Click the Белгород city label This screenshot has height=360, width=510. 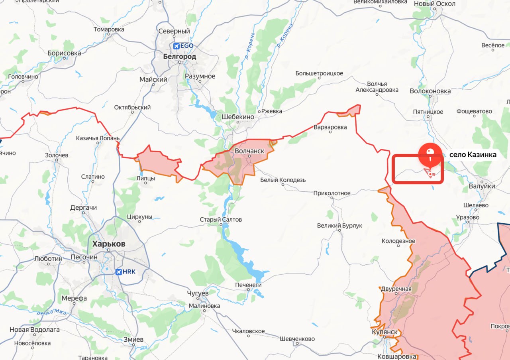click(179, 57)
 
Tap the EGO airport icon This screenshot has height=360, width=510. click(176, 46)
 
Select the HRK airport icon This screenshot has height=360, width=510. click(118, 272)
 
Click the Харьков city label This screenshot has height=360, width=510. click(108, 244)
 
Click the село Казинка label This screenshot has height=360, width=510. click(473, 155)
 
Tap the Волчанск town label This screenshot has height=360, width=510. click(249, 151)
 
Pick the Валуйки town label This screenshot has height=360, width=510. click(482, 186)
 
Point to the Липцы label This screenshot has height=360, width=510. click(146, 179)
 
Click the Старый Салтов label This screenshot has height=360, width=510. click(221, 220)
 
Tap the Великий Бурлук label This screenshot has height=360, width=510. click(339, 226)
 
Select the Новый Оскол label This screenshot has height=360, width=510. click(435, 4)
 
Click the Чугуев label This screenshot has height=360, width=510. click(198, 293)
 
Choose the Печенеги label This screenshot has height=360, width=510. click(248, 285)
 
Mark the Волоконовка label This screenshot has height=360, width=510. click(430, 91)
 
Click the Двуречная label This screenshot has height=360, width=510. click(396, 289)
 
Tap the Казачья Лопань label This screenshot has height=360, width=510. click(98, 138)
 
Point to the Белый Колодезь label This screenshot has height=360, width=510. click(283, 180)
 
